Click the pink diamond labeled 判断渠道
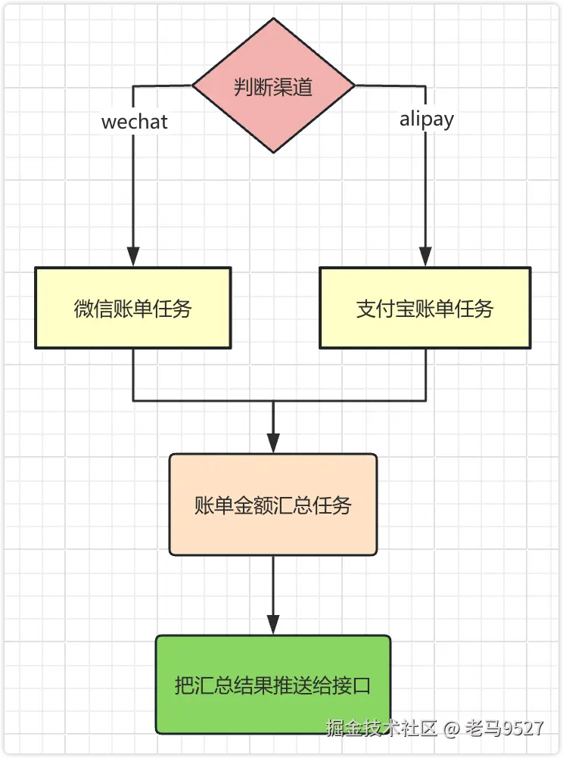[x=273, y=85]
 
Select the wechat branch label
[x=135, y=122]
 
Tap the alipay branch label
[x=427, y=120]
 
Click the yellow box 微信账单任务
[x=133, y=308]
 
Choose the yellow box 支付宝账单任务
[x=425, y=308]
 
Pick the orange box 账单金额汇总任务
[x=273, y=505]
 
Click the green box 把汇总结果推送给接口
[x=273, y=685]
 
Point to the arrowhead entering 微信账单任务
[x=133, y=256]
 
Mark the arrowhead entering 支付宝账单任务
[x=425, y=256]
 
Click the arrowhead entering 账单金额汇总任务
[x=273, y=443]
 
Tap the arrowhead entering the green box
[x=273, y=625]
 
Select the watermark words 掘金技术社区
[x=381, y=728]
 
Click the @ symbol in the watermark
[x=452, y=728]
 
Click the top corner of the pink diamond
[x=273, y=20]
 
